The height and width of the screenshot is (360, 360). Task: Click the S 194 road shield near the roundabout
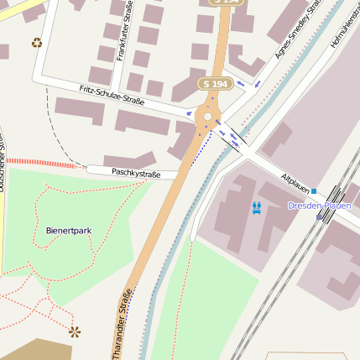(x=214, y=84)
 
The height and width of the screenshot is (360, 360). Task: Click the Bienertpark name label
(x=69, y=229)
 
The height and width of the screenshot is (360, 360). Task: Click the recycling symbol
(x=36, y=43)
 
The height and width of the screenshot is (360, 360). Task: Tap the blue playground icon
(x=257, y=206)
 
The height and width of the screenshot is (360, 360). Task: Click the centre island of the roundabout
(x=207, y=117)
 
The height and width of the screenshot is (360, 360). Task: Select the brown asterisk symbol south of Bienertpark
(x=75, y=331)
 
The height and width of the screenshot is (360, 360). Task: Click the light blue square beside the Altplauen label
(x=314, y=191)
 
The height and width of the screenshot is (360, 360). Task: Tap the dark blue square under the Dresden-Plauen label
(x=319, y=217)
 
